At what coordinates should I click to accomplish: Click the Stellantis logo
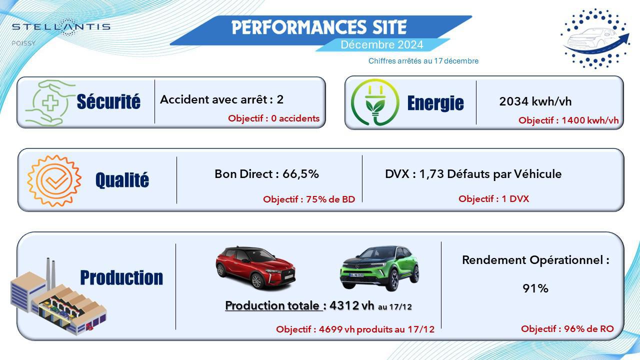coord(61,27)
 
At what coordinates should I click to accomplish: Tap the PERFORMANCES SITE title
coord(319,27)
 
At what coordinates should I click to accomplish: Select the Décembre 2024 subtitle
coord(381,45)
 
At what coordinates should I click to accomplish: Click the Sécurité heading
coord(108,101)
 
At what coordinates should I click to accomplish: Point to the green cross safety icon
coord(50,103)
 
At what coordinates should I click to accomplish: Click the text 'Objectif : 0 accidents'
coord(273,118)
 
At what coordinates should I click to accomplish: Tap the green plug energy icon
coord(375,102)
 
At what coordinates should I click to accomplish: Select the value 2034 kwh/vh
coord(535,101)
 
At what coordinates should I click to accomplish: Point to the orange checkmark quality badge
coord(54,180)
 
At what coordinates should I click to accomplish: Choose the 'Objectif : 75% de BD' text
coord(309,199)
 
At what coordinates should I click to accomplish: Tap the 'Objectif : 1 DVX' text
coord(493,199)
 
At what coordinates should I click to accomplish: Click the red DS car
coord(255,267)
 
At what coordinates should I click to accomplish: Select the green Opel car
coord(379,268)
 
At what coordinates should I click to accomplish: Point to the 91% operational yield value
coord(535,288)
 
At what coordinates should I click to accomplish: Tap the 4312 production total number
coord(344,305)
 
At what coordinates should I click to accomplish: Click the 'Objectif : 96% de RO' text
coord(567,329)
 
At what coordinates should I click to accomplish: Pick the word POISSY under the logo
coord(23,43)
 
